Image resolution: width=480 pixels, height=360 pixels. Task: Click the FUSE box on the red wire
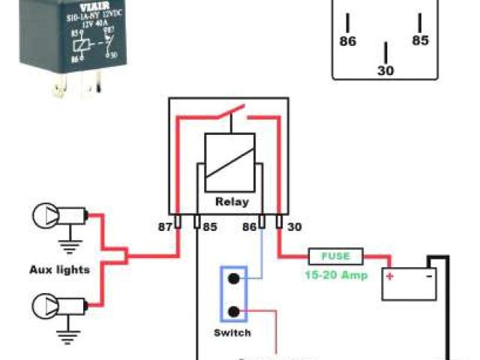[x=336, y=255]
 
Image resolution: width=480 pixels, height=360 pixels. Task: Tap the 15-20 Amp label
[x=336, y=274]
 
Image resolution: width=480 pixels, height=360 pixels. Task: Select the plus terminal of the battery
[x=390, y=276]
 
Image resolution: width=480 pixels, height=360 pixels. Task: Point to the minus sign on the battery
[x=429, y=275]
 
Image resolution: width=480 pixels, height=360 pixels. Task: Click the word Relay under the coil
[x=232, y=202]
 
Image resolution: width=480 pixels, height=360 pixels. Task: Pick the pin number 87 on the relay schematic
[x=165, y=226]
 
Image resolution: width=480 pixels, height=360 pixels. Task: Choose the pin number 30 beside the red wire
[x=294, y=226]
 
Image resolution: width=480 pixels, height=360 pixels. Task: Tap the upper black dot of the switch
[x=234, y=279]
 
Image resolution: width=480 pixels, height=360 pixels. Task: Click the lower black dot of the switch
[x=234, y=310]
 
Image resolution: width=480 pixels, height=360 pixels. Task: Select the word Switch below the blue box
[x=233, y=333]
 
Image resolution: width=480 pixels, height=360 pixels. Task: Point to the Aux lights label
[x=60, y=269]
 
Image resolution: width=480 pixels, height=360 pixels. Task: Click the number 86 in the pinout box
[x=348, y=42]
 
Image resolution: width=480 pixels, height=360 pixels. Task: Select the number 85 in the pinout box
[x=420, y=41]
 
